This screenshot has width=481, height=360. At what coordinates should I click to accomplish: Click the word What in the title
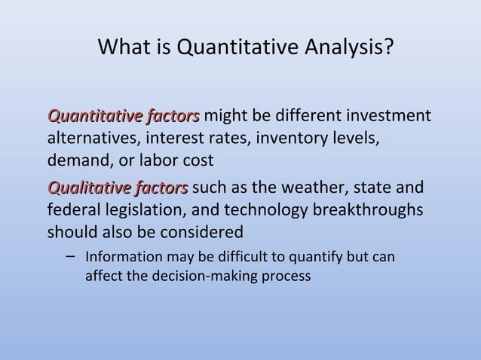[124, 49]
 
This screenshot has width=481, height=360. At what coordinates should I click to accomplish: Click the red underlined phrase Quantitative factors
[124, 117]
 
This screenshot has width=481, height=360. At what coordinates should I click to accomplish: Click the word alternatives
[91, 139]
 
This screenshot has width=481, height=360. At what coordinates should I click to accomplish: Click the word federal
[74, 209]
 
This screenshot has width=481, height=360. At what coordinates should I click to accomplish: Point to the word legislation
[151, 209]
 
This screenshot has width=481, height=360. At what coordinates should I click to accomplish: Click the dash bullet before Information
[69, 256]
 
